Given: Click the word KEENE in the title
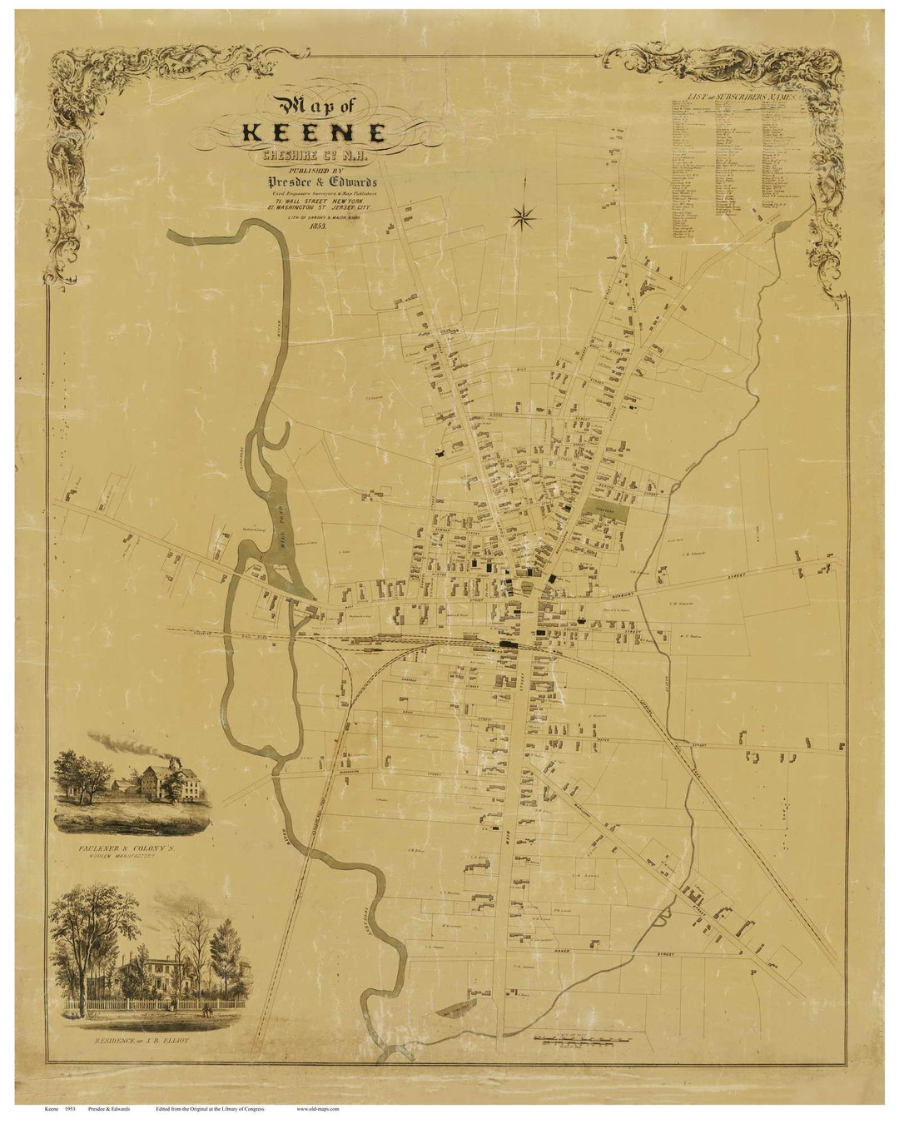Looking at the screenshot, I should click(315, 133).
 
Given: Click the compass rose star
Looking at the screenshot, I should click(524, 218).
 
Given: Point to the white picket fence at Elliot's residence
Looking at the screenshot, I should click(133, 1008).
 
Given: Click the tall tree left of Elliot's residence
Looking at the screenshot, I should click(87, 941).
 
